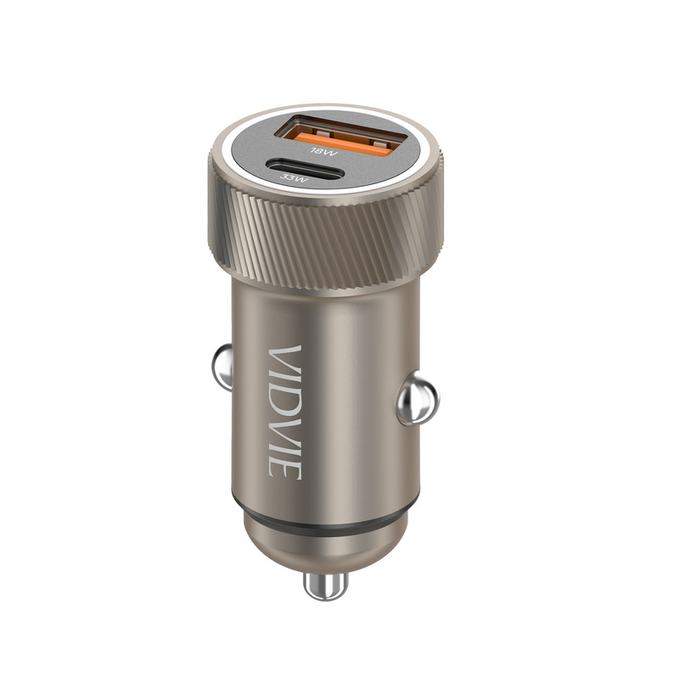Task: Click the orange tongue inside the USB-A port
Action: click(x=342, y=144)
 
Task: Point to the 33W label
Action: click(x=294, y=177)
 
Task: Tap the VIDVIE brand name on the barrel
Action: click(x=284, y=412)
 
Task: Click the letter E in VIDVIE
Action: click(x=284, y=469)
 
